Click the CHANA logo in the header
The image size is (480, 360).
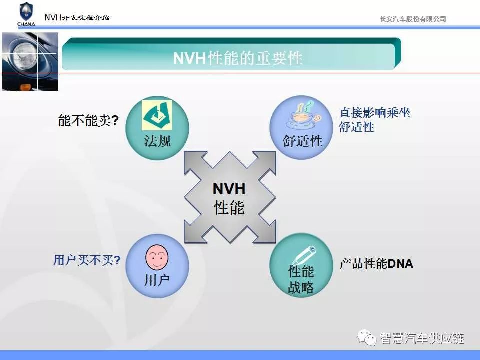(x=26, y=14)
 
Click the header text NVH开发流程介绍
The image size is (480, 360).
(x=77, y=18)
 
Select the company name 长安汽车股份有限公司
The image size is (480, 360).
(x=413, y=19)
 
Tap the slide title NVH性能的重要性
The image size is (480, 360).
(x=238, y=58)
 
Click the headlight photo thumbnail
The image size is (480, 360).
(x=30, y=62)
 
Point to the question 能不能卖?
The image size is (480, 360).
(x=88, y=120)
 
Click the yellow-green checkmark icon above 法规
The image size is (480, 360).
(x=156, y=116)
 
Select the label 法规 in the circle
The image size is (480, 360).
(x=157, y=141)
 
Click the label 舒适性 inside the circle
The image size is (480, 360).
(x=303, y=141)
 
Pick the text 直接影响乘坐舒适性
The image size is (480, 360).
(x=374, y=120)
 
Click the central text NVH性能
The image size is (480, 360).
(x=229, y=198)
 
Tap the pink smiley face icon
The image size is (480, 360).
(x=157, y=257)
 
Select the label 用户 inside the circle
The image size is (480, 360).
(x=157, y=280)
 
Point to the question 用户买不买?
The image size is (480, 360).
(x=87, y=260)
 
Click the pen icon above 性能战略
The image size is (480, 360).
(x=303, y=256)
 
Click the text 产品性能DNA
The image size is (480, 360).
(x=376, y=264)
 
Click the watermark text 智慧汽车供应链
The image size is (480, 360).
(x=422, y=338)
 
